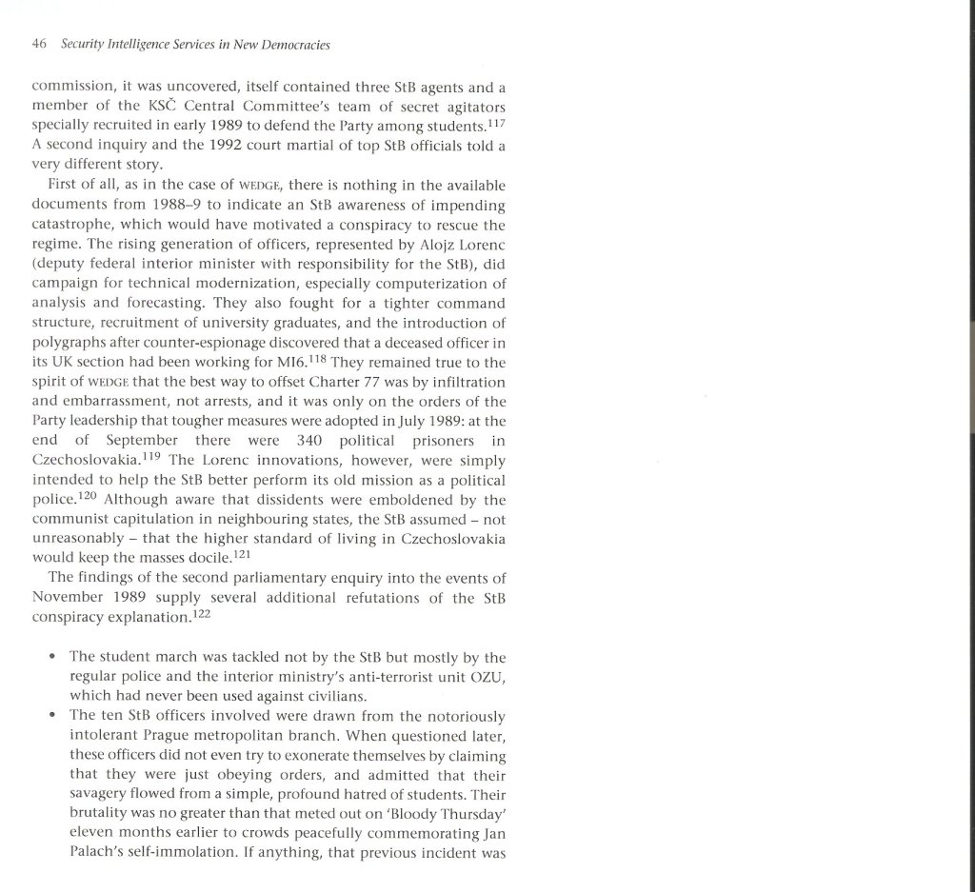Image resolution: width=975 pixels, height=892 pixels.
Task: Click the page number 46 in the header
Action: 39,44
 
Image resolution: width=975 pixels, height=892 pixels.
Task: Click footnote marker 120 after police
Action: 89,495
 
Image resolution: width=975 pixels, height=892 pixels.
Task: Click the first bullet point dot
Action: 49,658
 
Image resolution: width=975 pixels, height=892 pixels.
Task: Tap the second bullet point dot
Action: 49,716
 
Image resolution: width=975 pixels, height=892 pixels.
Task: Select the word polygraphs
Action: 70,344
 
